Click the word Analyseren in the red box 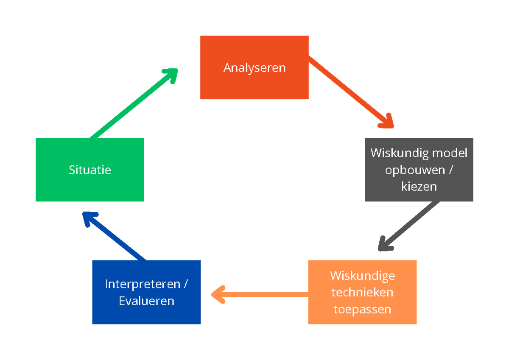click(255, 67)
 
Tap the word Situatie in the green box click(90, 170)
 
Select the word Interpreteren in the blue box click(143, 284)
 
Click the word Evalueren click(146, 301)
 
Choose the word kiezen click(419, 186)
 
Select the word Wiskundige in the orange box click(362, 276)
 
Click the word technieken click(362, 293)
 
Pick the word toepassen click(362, 309)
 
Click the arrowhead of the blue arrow click(89, 218)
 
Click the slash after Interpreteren click(186, 284)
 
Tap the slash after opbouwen click(450, 170)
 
